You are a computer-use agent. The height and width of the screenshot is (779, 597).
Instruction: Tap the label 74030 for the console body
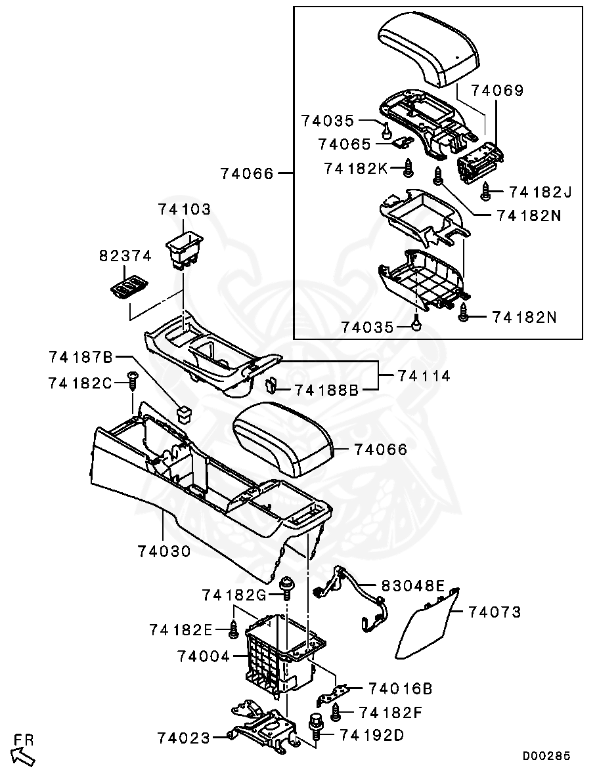[164, 551]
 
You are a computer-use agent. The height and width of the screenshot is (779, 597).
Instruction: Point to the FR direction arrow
[23, 755]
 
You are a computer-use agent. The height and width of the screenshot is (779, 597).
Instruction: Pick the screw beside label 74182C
[133, 381]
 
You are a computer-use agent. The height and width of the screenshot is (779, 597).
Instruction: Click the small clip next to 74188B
[269, 384]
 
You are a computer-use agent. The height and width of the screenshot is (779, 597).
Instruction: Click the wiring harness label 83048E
[412, 585]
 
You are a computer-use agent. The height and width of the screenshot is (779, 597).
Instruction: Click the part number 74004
[203, 656]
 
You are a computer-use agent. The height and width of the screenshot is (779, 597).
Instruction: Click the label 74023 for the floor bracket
[183, 738]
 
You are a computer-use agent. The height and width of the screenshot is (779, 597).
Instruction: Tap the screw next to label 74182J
[486, 192]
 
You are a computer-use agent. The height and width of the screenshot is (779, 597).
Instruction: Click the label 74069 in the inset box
[497, 91]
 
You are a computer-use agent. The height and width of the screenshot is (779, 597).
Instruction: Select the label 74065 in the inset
[344, 144]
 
